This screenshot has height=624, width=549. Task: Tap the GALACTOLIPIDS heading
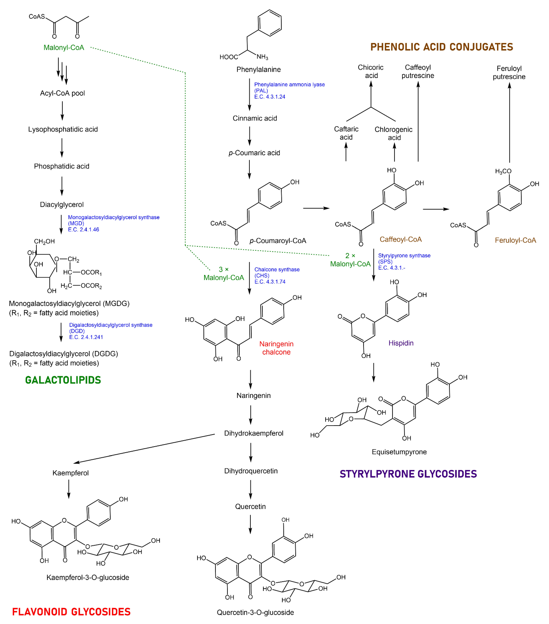pos(63,380)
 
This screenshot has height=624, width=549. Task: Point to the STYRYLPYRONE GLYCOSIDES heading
pos(408,474)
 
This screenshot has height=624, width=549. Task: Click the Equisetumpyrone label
pos(399,452)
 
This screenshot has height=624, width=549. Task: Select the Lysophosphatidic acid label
pos(63,129)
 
